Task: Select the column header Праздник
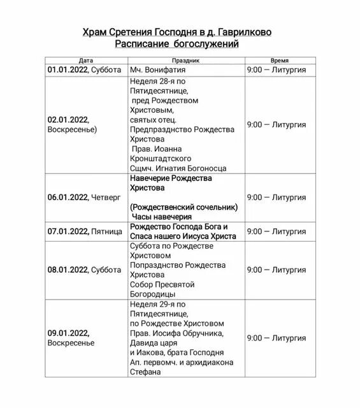point(185,59)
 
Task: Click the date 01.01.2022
point(68,69)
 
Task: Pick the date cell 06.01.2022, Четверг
point(83,197)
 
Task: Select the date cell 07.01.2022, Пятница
point(84,231)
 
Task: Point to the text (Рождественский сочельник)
point(184,207)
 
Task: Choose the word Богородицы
point(155,294)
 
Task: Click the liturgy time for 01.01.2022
point(277,69)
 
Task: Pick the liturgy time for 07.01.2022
point(277,231)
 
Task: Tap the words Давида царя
point(154,342)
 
